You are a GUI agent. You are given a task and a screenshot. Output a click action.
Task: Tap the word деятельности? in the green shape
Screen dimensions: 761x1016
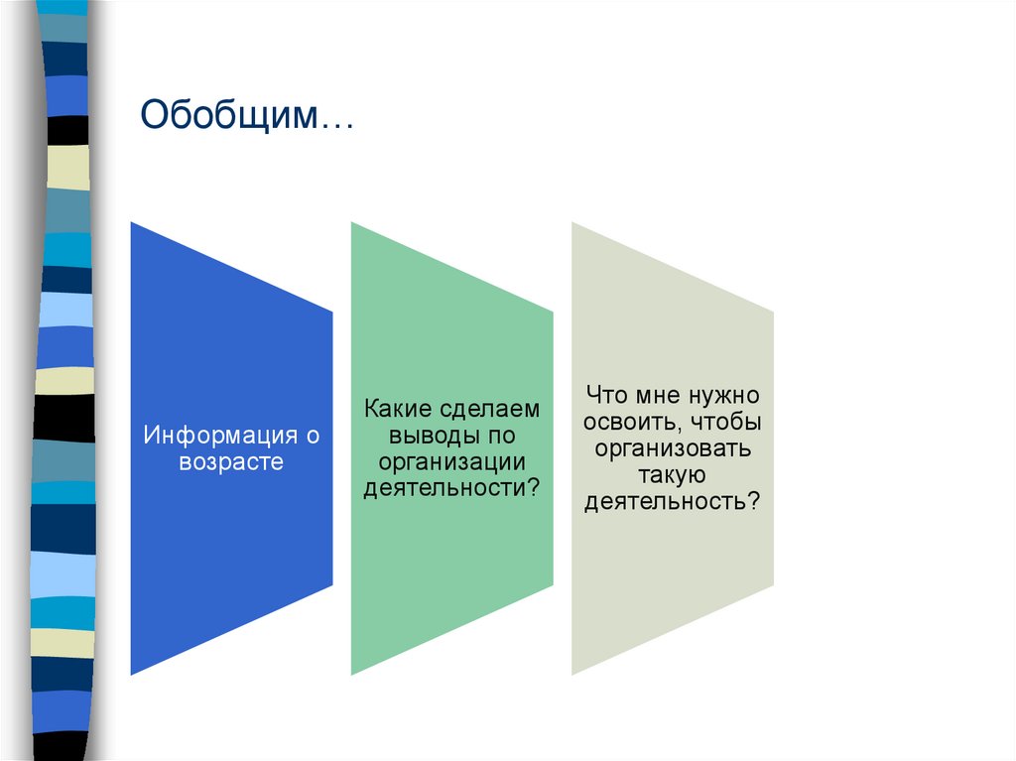(451, 487)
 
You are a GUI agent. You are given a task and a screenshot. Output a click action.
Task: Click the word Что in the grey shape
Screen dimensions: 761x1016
(607, 396)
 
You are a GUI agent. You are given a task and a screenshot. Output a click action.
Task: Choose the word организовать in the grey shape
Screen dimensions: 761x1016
(673, 448)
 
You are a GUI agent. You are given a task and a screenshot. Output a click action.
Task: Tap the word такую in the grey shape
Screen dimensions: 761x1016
(673, 475)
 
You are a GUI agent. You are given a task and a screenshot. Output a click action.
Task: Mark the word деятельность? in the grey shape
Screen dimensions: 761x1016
(673, 502)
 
